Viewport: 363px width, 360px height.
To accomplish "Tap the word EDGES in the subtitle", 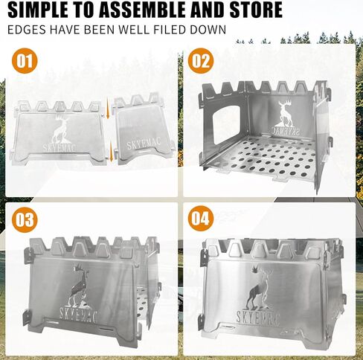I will tap(24, 31).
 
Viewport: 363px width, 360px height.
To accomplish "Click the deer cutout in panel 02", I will tap(286, 112).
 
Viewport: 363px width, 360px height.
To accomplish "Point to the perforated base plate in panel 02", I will tap(260, 157).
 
